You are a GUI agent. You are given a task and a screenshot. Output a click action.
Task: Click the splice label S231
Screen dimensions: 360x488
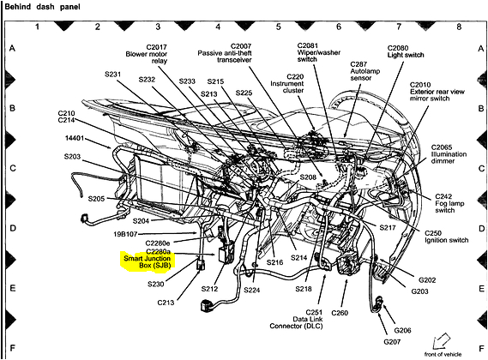pos(114,75)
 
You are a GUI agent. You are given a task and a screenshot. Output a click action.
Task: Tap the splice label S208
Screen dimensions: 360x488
pos(309,177)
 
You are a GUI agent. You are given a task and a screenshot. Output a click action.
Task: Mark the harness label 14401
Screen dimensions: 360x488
pos(76,137)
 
